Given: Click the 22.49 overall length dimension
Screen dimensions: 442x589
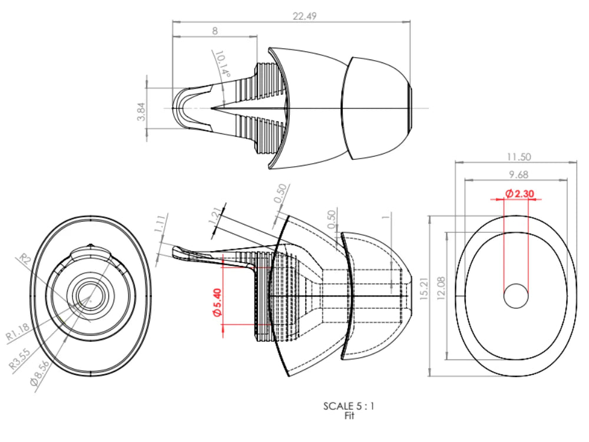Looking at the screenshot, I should pos(305,17).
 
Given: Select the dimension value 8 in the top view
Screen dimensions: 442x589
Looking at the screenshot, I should pos(215,30).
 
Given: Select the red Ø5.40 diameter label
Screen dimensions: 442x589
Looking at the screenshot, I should pos(216,302).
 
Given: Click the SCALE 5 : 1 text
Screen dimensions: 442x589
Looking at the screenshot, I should pos(349,405).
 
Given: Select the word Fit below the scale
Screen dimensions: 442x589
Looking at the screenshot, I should pos(349,415).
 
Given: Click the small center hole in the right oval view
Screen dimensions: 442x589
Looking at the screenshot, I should pos(516,295).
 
